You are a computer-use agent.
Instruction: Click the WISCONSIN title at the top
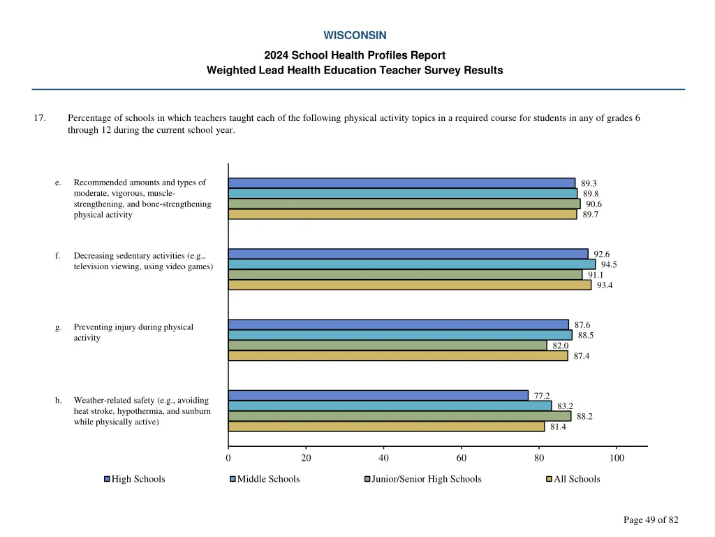(355, 35)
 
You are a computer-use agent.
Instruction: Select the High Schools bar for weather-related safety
(378, 396)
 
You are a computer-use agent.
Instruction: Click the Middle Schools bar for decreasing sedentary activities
(412, 264)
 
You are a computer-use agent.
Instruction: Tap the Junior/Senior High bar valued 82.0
(388, 345)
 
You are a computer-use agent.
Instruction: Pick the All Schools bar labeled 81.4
(386, 427)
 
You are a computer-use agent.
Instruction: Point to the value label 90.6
(594, 204)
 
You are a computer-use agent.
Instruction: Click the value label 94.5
(609, 264)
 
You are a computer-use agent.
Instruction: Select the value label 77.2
(542, 396)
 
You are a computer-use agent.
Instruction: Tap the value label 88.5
(586, 336)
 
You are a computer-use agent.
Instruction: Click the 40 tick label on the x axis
(383, 458)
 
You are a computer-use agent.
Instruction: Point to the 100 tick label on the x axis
(617, 458)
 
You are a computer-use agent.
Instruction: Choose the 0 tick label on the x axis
(228, 458)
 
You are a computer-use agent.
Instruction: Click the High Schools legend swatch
(107, 479)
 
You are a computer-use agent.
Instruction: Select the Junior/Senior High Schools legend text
(427, 479)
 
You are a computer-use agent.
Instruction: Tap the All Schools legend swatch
(549, 479)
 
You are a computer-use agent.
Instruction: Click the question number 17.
(40, 118)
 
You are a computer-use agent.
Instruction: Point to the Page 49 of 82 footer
(651, 520)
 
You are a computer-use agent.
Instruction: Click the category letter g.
(58, 327)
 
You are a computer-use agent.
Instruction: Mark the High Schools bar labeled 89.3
(401, 183)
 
